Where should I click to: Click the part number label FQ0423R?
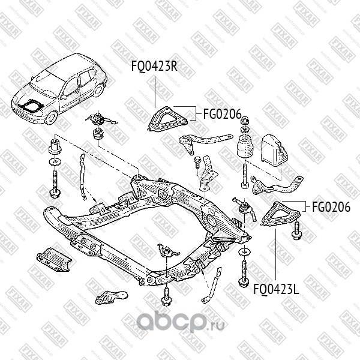(154, 66)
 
